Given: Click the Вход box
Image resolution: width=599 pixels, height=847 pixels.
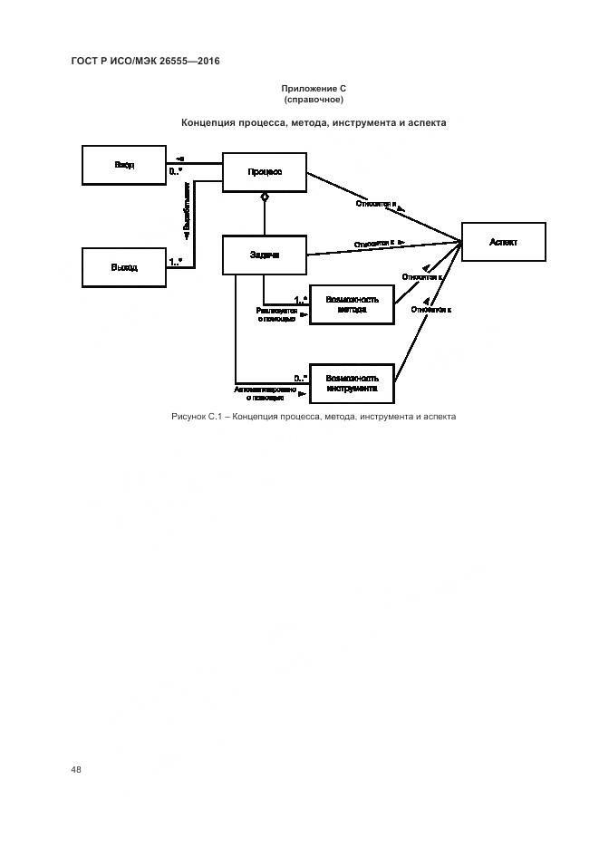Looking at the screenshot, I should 124,165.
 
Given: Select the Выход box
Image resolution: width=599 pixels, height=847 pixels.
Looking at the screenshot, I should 124,267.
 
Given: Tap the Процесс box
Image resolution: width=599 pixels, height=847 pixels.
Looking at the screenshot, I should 265,172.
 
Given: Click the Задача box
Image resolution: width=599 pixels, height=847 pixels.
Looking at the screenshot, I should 265,255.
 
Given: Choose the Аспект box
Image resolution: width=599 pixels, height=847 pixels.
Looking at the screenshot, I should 503,242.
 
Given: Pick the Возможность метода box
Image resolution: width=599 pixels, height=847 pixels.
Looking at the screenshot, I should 353,304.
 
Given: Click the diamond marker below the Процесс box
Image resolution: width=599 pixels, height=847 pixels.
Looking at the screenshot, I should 265,197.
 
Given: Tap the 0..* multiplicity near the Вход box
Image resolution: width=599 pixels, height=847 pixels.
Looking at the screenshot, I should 177,170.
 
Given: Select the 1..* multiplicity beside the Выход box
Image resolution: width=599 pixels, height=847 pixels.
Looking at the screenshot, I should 177,261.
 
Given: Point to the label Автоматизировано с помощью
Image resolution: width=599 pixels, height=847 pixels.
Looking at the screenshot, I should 265,393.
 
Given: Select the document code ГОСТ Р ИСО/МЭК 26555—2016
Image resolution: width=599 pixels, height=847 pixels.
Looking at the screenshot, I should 145,61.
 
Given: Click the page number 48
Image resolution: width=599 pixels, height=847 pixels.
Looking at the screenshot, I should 76,769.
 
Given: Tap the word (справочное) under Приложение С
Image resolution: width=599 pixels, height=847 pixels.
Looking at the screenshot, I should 314,99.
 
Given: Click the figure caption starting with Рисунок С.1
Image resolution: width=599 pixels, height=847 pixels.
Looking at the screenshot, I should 314,417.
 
